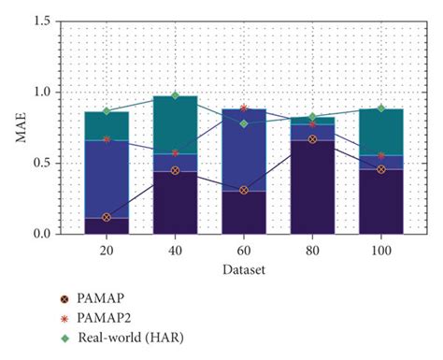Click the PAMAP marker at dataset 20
107,217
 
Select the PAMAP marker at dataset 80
313,139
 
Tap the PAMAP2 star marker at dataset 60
244,108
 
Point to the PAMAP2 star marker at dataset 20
107,139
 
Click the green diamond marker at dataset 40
175,95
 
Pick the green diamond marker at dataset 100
381,108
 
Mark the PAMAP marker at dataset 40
175,170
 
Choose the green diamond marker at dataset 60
244,123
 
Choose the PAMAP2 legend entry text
113,320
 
